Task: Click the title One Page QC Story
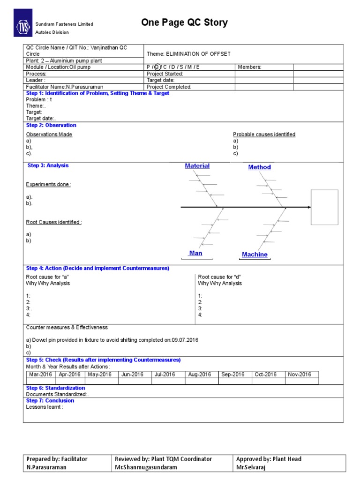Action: pyautogui.click(x=184, y=23)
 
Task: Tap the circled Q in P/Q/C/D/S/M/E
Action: pyautogui.click(x=157, y=67)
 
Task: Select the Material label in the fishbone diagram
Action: pyautogui.click(x=197, y=166)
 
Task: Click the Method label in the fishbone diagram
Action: pyautogui.click(x=259, y=167)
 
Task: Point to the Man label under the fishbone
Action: pyautogui.click(x=195, y=253)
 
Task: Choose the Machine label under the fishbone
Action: pyautogui.click(x=255, y=255)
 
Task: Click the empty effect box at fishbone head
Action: pyautogui.click(x=324, y=207)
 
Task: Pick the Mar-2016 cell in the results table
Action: pyautogui.click(x=40, y=375)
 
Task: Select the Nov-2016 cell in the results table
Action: pyautogui.click(x=300, y=375)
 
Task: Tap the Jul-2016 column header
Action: pyautogui.click(x=165, y=375)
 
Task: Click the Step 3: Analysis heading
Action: pyautogui.click(x=48, y=165)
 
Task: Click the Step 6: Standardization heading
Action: pyautogui.click(x=55, y=388)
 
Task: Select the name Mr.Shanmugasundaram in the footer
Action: pyautogui.click(x=146, y=468)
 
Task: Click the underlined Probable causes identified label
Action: pyautogui.click(x=264, y=135)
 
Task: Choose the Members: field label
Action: pyautogui.click(x=249, y=67)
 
